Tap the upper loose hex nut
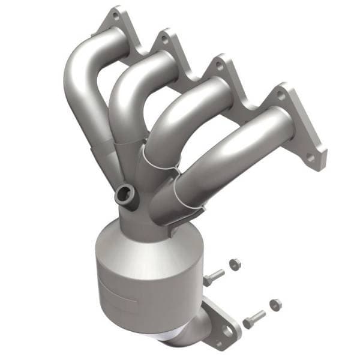[x=236, y=263]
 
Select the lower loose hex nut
[x=275, y=303]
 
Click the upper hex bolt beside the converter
[x=213, y=277]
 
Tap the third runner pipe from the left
[x=180, y=120]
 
